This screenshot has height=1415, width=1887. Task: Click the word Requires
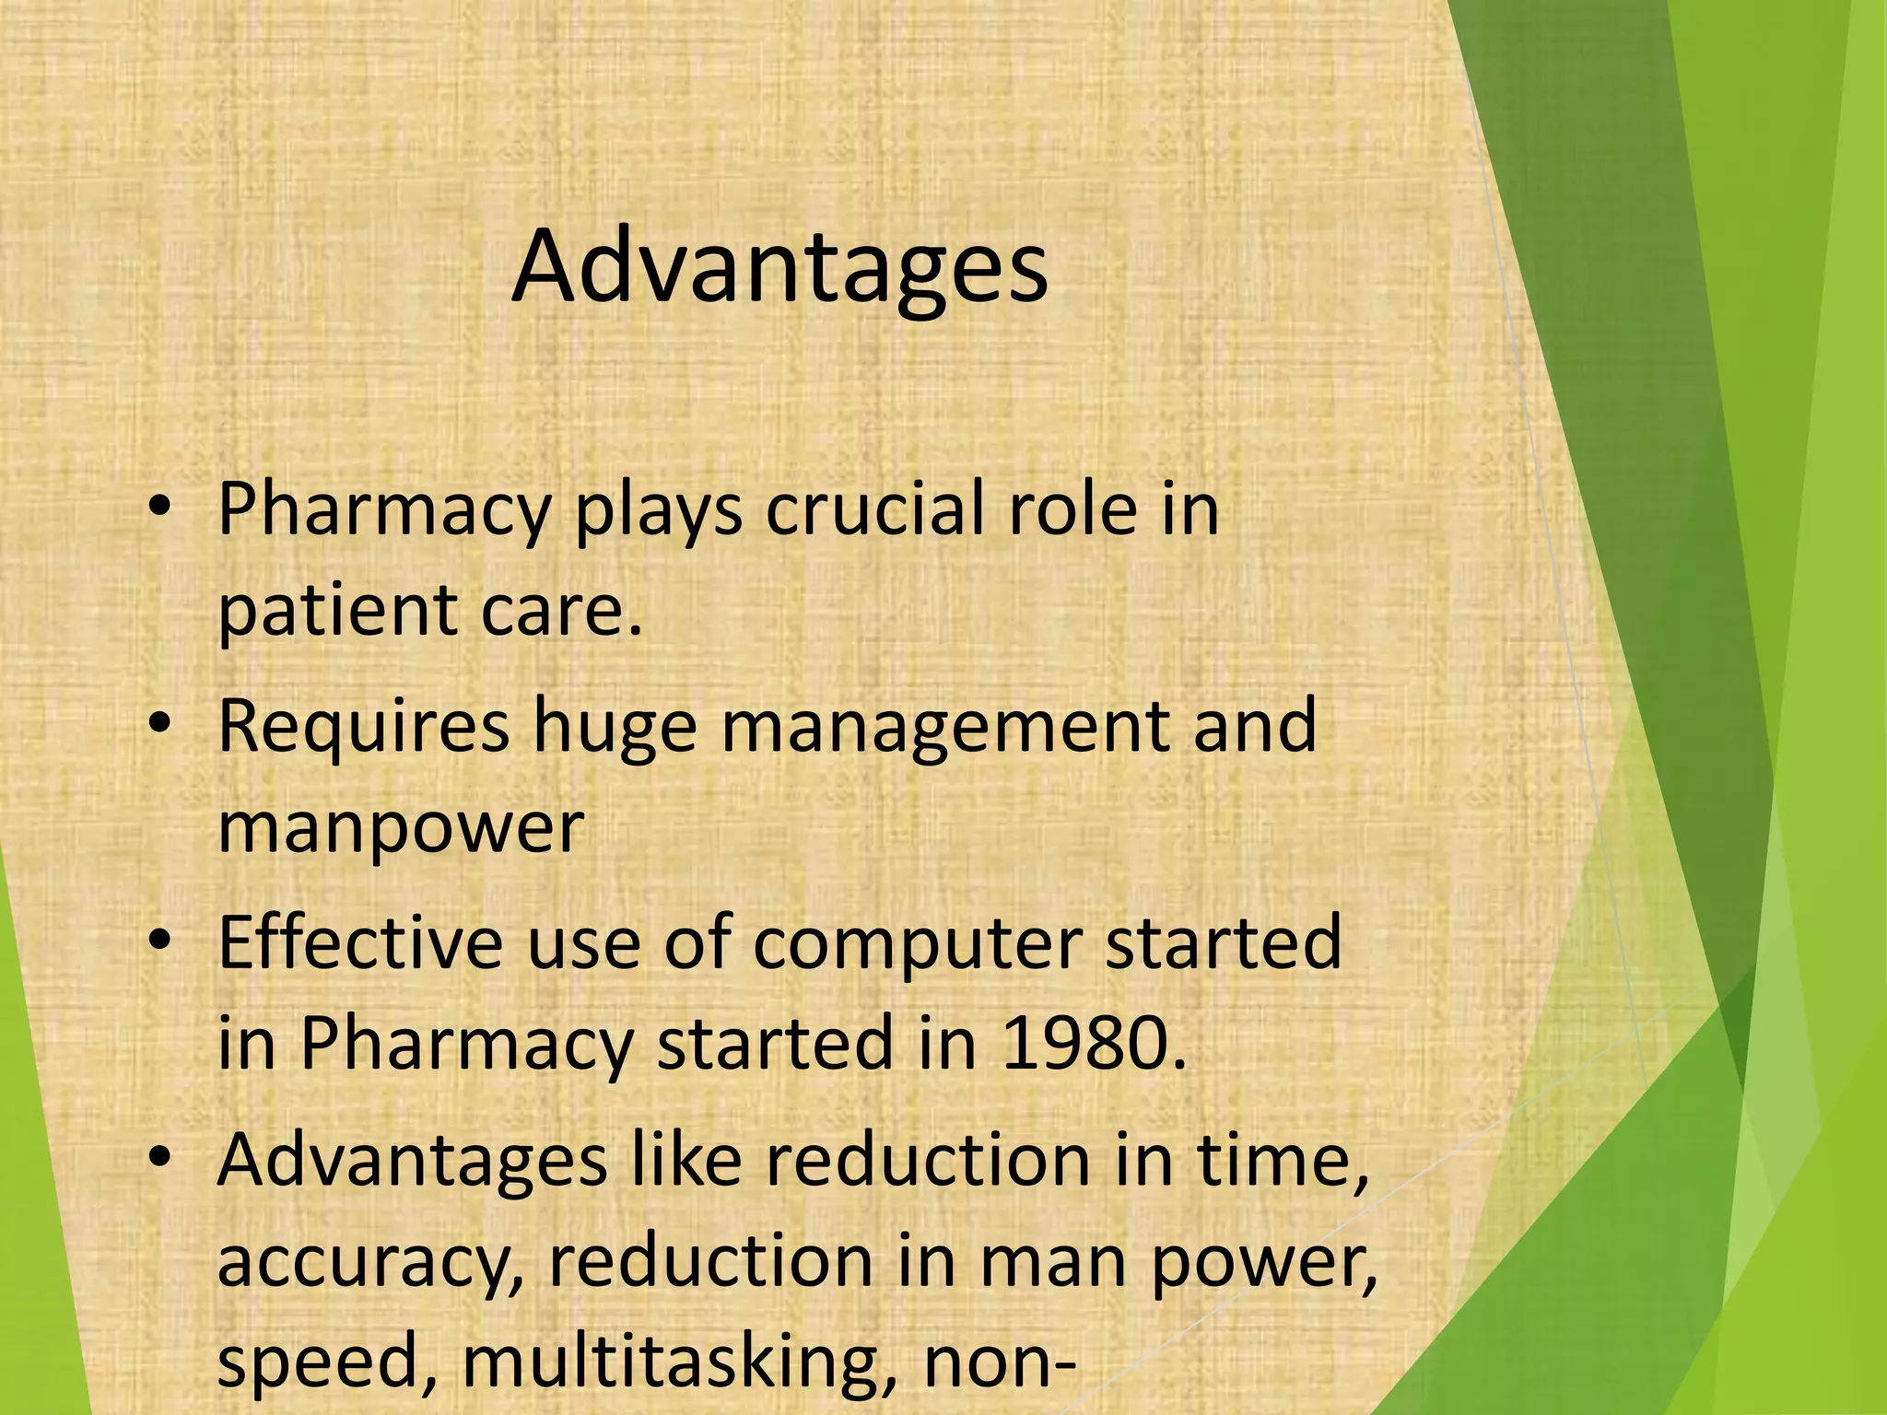363,726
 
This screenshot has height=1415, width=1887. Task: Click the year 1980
1093,1044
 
